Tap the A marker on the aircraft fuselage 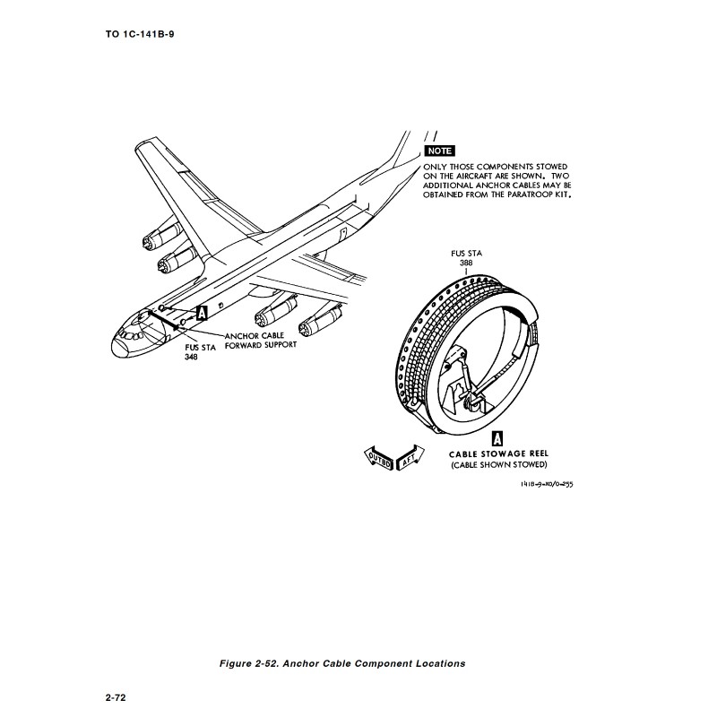pos(202,313)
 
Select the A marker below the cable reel pos(497,439)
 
